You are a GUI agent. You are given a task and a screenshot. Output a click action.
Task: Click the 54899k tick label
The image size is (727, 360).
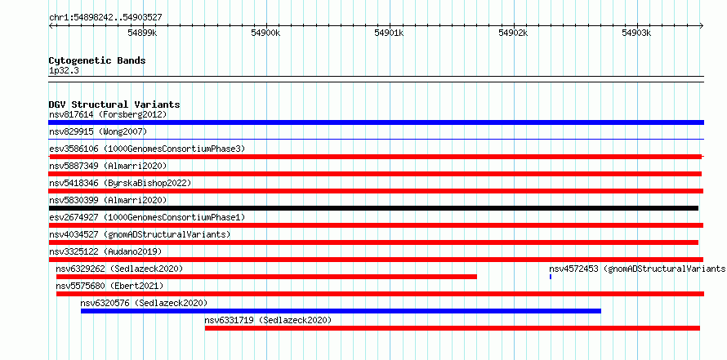(x=142, y=33)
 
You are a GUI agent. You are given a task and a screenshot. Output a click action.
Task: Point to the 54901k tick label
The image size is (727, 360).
(x=390, y=33)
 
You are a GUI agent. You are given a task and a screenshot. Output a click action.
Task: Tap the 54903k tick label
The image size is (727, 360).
(x=636, y=33)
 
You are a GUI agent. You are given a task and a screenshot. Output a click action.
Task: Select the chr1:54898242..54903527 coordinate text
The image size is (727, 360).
(x=105, y=18)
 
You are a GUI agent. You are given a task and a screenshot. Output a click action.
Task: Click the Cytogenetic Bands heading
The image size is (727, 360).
(x=97, y=60)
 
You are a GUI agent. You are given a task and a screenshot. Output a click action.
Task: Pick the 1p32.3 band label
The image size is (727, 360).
(x=64, y=71)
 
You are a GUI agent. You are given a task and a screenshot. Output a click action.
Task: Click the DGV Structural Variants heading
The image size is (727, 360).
(x=114, y=104)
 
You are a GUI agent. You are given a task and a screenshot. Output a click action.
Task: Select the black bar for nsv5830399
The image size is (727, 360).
(x=373, y=208)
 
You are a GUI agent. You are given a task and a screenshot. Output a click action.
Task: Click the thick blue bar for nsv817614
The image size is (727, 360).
(x=376, y=122)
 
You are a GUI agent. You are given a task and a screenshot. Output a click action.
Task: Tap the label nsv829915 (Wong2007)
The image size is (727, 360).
(x=98, y=132)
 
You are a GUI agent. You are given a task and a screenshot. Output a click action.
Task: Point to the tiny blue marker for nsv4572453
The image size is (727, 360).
(x=551, y=277)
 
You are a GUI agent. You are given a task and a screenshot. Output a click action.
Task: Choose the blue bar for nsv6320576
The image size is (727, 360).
(x=341, y=311)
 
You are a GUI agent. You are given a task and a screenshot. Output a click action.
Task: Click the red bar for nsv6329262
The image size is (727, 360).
(x=266, y=277)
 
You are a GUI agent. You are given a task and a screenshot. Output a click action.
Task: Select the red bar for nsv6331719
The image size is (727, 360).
(x=453, y=328)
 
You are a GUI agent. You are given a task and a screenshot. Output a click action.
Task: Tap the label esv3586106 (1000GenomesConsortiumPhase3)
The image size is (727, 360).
(x=147, y=149)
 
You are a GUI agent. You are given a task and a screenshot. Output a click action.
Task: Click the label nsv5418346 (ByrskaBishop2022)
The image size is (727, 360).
(x=120, y=184)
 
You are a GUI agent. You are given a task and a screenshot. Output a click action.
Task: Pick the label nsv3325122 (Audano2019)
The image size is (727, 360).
(x=105, y=252)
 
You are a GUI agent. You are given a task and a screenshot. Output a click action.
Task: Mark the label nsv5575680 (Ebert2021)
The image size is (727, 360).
(x=109, y=287)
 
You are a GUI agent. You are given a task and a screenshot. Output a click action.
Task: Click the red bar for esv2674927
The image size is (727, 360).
(x=376, y=225)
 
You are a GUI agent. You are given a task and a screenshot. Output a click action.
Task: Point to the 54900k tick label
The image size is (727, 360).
(x=265, y=33)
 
